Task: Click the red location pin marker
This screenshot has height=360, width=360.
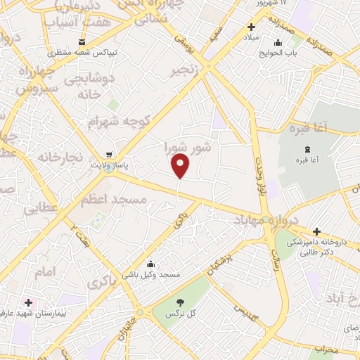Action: tap(181, 165)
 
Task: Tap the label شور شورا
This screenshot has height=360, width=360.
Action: tap(188, 148)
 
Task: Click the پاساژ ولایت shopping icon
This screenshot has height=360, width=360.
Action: tap(108, 154)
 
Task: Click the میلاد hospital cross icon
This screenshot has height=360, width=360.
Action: tap(251, 27)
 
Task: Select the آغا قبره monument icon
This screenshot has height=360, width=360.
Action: tap(308, 149)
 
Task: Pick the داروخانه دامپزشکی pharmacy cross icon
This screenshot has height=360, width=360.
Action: tap(317, 231)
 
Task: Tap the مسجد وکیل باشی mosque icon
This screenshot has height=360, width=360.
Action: tap(150, 264)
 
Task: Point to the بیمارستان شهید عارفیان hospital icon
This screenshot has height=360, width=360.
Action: tap(28, 302)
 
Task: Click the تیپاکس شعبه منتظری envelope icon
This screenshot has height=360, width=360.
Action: tap(82, 41)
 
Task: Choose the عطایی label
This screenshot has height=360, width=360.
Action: tap(39, 209)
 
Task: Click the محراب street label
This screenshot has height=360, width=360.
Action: tap(326, 349)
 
